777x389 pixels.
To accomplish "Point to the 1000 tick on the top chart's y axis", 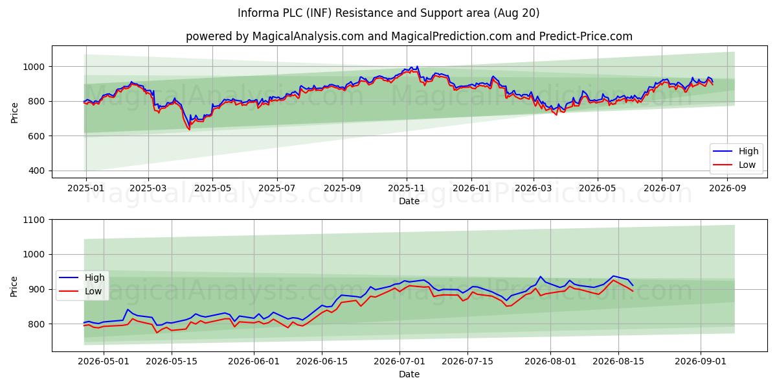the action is pos(34,67).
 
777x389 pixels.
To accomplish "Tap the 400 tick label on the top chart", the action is pos(36,171).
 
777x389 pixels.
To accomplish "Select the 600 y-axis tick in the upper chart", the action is pos(36,136).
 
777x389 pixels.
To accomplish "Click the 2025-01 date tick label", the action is pos(85,188).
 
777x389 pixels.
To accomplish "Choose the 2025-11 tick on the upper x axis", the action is pos(406,188).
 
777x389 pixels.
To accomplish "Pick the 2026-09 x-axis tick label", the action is pos(727,188).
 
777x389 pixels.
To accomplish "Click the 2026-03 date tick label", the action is pos(534,188).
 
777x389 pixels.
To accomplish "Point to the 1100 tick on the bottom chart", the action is pos(34,220).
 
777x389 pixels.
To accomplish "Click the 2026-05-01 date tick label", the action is pos(104,361).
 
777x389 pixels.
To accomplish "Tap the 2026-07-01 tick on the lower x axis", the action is pos(400,361).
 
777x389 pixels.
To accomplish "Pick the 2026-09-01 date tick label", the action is pos(701,361).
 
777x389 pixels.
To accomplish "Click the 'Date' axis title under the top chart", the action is pos(409,201).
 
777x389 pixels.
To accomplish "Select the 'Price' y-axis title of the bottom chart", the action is pos(14,287).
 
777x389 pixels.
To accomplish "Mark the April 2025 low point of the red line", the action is pos(189,130).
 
